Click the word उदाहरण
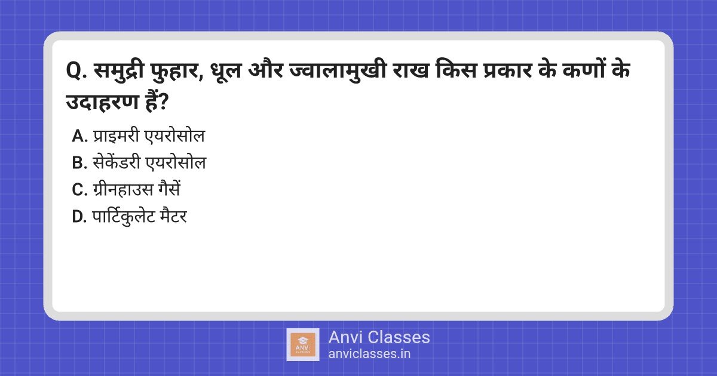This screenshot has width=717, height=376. point(102,102)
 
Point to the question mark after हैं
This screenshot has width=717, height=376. point(163,102)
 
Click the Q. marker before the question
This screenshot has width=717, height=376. point(76,71)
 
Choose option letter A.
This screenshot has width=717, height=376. point(79,136)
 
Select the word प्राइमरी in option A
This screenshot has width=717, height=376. point(116,135)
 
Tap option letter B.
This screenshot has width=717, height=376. point(79,163)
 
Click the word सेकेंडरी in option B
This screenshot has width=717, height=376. point(117,162)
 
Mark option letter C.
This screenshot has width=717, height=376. point(79,190)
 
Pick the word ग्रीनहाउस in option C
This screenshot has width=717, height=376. point(123,189)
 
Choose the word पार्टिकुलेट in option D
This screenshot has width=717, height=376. point(124,217)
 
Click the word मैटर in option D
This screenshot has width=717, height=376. point(174,216)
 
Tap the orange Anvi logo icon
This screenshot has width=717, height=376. point(303,345)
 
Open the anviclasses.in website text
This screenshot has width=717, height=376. point(369,354)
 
